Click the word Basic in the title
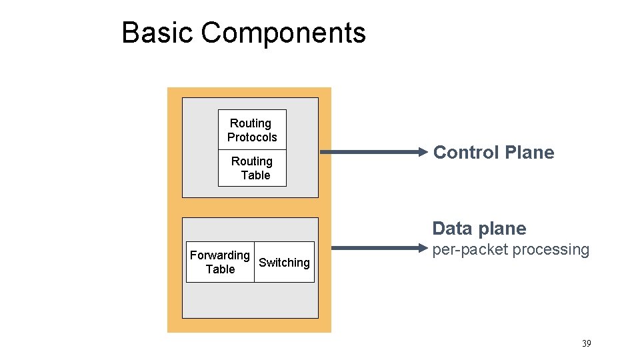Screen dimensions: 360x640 157,32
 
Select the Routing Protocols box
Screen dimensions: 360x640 252,130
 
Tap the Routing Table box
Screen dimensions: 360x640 252,168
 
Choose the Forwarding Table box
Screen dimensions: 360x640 220,262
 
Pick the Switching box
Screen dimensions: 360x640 284,263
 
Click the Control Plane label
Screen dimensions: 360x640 493,153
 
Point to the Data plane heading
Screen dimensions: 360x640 479,229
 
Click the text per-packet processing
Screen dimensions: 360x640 511,250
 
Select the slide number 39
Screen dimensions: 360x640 586,343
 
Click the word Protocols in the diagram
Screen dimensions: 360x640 252,137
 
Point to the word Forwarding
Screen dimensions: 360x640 220,255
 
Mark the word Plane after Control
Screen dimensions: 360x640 529,153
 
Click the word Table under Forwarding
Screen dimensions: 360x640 220,269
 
